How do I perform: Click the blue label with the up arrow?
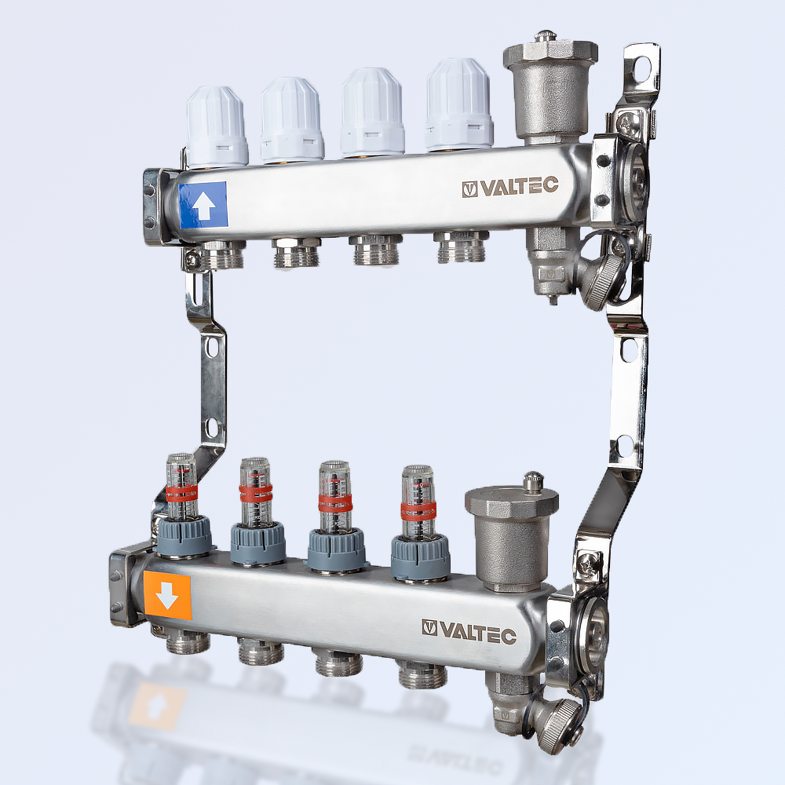203,206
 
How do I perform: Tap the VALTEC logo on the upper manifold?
510,187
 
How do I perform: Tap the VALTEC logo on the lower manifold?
469,631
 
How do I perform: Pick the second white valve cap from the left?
291,119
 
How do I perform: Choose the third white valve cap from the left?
372,112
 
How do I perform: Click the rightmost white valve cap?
459,104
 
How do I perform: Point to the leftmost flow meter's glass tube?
181,487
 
